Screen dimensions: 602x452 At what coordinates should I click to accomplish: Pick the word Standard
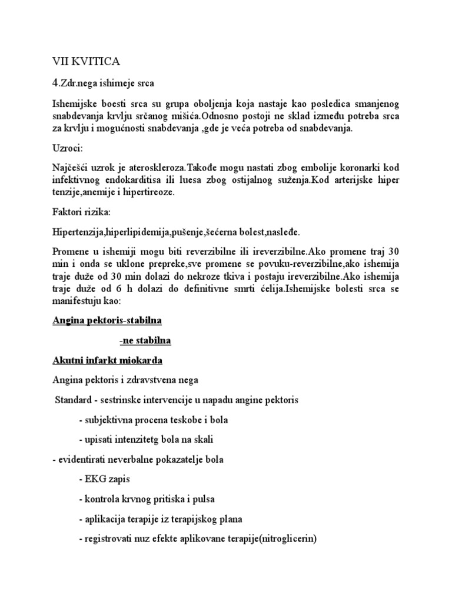[x=73, y=400]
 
